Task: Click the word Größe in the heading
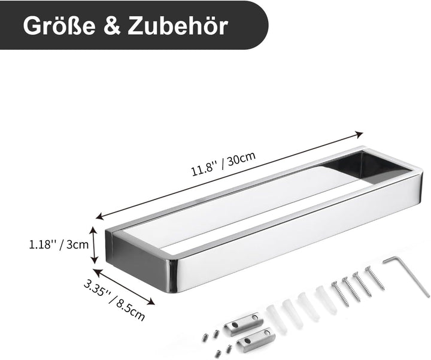59,26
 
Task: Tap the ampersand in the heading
112,26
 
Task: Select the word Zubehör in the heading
178,25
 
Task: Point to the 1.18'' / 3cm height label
59,244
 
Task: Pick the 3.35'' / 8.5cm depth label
114,300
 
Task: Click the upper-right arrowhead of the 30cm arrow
360,134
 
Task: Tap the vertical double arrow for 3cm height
94,244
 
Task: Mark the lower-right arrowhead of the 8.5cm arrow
151,302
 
